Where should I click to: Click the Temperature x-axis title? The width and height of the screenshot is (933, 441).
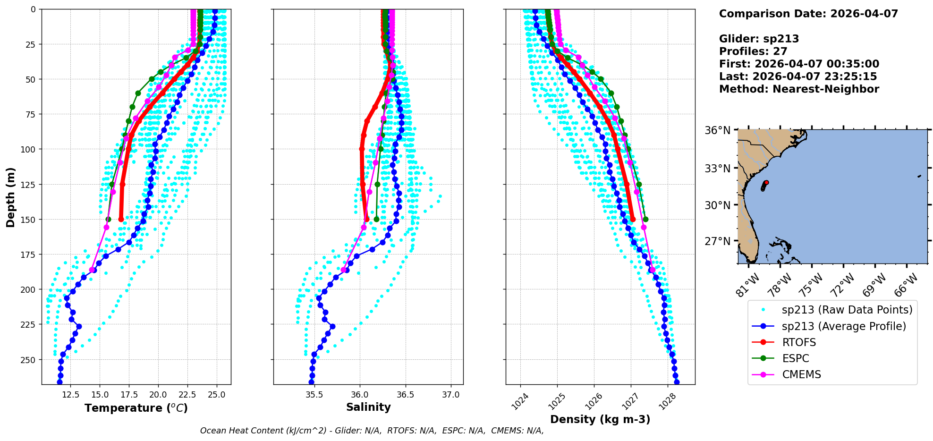click(136, 408)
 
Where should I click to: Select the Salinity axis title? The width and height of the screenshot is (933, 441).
click(368, 407)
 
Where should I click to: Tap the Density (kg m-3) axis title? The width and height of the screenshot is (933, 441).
click(600, 419)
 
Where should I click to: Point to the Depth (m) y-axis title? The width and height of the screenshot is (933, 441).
click(10, 197)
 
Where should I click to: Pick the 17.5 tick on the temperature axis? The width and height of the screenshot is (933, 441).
click(128, 394)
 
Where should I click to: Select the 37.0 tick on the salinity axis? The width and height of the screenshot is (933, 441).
click(450, 394)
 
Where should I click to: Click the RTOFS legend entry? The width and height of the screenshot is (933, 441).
click(799, 342)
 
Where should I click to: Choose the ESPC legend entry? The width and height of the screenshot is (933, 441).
click(796, 358)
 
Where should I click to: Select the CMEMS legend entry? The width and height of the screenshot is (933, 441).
click(801, 374)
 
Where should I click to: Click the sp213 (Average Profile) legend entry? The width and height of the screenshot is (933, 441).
click(844, 326)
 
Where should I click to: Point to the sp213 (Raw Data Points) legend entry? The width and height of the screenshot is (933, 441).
click(847, 310)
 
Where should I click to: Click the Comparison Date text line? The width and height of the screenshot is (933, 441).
click(808, 14)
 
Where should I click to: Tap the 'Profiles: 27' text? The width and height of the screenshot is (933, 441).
click(753, 51)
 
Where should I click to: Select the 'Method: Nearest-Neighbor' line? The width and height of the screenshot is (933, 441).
click(799, 89)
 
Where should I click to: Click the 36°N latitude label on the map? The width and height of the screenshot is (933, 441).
click(717, 130)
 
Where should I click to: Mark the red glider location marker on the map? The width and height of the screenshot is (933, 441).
click(766, 183)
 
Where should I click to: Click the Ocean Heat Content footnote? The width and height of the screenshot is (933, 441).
click(372, 431)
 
